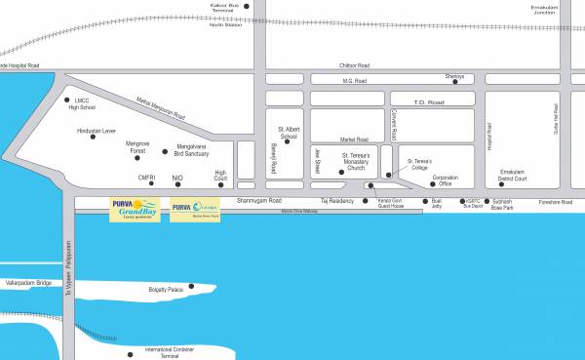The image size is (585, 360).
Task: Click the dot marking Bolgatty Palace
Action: tap(192, 287)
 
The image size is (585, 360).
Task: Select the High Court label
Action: tap(220, 176)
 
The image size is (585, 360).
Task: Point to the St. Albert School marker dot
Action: tap(287, 142)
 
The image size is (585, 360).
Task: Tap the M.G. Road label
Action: tap(353, 80)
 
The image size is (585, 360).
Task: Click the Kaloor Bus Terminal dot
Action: tap(246, 7)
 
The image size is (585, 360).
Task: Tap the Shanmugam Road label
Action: tap(266, 200)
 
